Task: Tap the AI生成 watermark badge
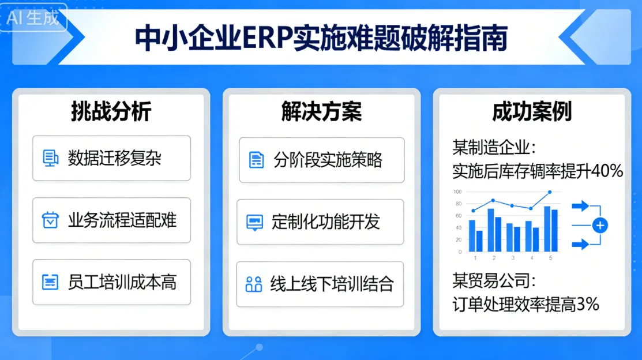pos(34,18)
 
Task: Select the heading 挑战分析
pos(111,111)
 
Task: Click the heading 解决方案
pos(321,111)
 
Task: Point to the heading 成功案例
pos(531,111)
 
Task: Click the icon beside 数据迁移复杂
pos(51,158)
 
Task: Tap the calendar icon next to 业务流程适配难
pos(51,220)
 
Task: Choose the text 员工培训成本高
pos(122,282)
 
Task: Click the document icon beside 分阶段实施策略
pos(257,160)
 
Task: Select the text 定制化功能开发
pos(326,222)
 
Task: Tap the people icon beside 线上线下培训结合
pos(254,284)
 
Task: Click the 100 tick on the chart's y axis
pos(457,192)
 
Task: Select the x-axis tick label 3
pos(513,258)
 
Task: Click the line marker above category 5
pos(550,192)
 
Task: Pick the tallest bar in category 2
pos(491,230)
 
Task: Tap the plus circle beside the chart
pos(600,225)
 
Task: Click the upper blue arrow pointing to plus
pos(580,205)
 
